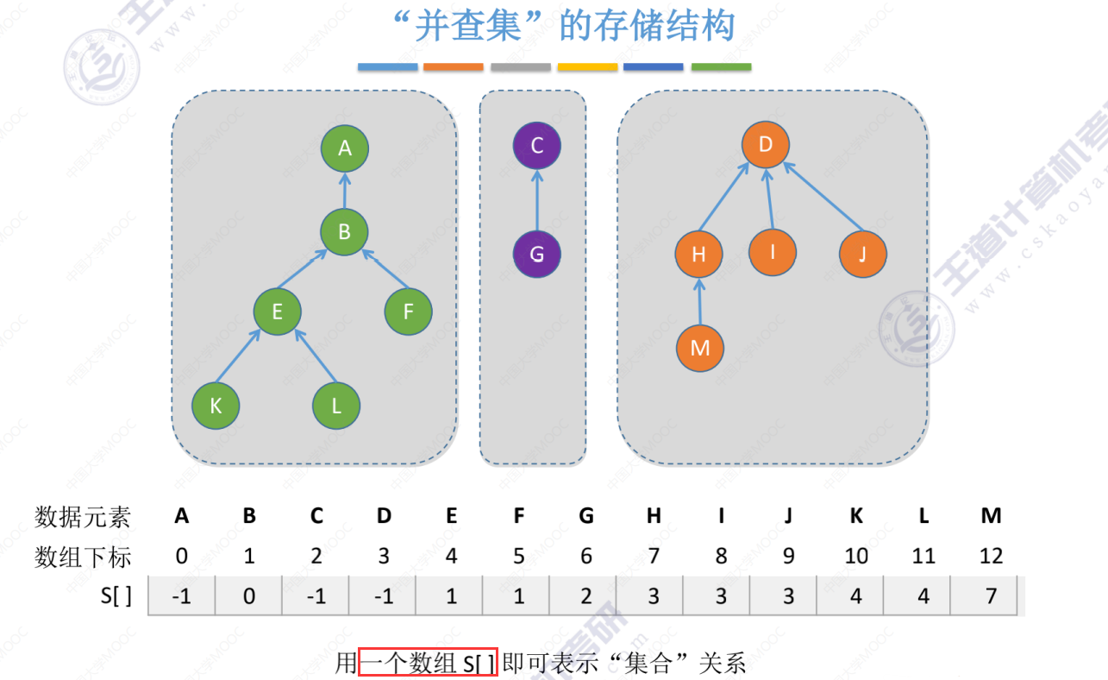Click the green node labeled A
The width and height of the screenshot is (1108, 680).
point(345,148)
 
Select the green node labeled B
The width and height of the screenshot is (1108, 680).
point(344,231)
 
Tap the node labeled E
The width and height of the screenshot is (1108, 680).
point(277,312)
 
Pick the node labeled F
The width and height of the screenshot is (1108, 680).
point(408,312)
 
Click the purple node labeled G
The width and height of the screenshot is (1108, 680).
point(536,254)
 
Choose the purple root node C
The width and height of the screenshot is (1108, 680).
point(536,146)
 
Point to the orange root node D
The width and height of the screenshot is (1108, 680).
point(766,144)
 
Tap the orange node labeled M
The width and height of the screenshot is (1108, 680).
point(700,348)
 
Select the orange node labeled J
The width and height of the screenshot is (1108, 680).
point(862,254)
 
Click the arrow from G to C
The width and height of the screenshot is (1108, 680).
point(536,200)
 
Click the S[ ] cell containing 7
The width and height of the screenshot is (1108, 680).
point(991,595)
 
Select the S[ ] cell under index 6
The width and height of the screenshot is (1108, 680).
point(586,595)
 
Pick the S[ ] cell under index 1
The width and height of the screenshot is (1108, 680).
point(249,595)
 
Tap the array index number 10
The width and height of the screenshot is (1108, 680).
point(856,556)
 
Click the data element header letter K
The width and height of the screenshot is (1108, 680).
point(856,516)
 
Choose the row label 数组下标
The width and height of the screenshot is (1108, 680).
point(83,557)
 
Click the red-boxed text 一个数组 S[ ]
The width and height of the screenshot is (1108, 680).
point(428,663)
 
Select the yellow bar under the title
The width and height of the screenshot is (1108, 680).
point(587,66)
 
